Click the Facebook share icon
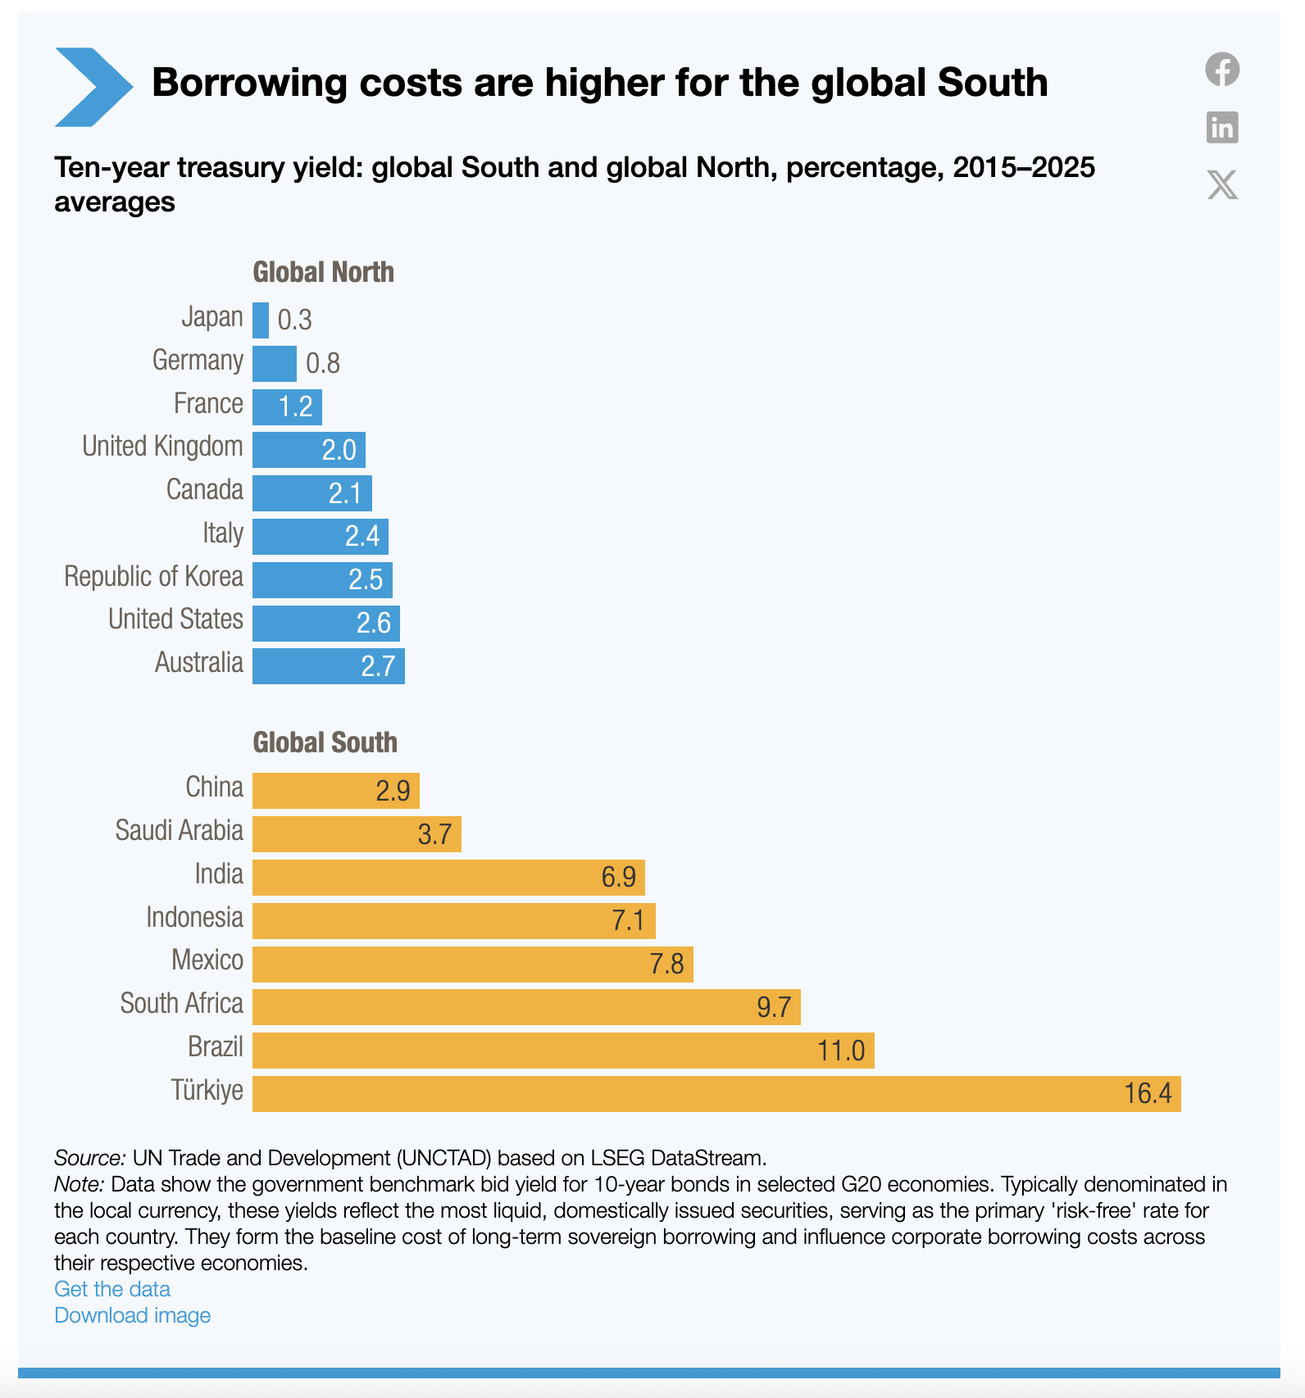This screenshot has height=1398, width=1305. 1221,69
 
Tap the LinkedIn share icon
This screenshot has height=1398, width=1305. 1221,128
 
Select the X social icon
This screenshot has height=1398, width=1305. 1221,184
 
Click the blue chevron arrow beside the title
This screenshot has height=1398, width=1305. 93,87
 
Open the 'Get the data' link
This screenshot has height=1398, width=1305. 112,1289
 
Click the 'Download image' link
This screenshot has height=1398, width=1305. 132,1315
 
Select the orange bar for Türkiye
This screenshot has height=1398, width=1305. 716,1093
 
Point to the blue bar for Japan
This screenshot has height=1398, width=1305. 261,320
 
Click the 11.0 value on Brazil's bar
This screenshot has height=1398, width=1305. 840,1051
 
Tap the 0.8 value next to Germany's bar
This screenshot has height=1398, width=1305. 323,363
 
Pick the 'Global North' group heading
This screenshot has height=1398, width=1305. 323,272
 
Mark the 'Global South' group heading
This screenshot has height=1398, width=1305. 325,742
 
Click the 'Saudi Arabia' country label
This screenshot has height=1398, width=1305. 179,830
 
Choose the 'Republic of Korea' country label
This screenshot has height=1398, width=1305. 153,576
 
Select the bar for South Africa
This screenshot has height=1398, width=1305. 525,1006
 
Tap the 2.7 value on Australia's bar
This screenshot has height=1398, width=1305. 378,666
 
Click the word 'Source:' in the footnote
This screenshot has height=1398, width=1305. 89,1158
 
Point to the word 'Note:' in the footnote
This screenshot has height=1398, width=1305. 79,1184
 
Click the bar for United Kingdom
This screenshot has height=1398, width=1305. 308,449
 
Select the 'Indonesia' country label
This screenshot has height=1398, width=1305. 194,917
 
